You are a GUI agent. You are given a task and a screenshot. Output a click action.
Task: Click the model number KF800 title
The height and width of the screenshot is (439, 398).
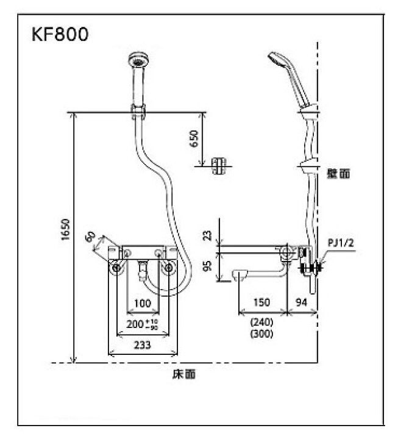[x=60, y=35]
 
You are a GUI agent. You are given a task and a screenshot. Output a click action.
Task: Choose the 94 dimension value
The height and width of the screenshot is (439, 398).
[x=302, y=303]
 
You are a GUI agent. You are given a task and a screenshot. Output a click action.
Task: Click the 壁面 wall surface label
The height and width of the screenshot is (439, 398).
[x=339, y=173]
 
